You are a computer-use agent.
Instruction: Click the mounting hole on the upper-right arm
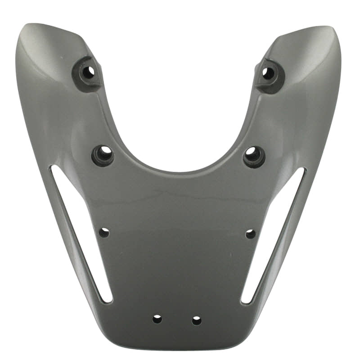pyautogui.click(x=268, y=73)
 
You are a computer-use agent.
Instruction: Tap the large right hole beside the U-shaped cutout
pyautogui.click(x=253, y=155)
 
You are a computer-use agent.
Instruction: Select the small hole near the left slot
pyautogui.click(x=104, y=233)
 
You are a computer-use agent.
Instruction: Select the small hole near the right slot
pyautogui.click(x=251, y=234)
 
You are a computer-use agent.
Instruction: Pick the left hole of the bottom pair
pyautogui.click(x=157, y=319)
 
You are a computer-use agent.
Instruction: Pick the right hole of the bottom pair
pyautogui.click(x=197, y=320)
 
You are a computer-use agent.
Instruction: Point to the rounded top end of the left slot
pyautogui.click(x=54, y=169)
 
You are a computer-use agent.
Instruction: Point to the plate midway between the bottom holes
pyautogui.click(x=177, y=320)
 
